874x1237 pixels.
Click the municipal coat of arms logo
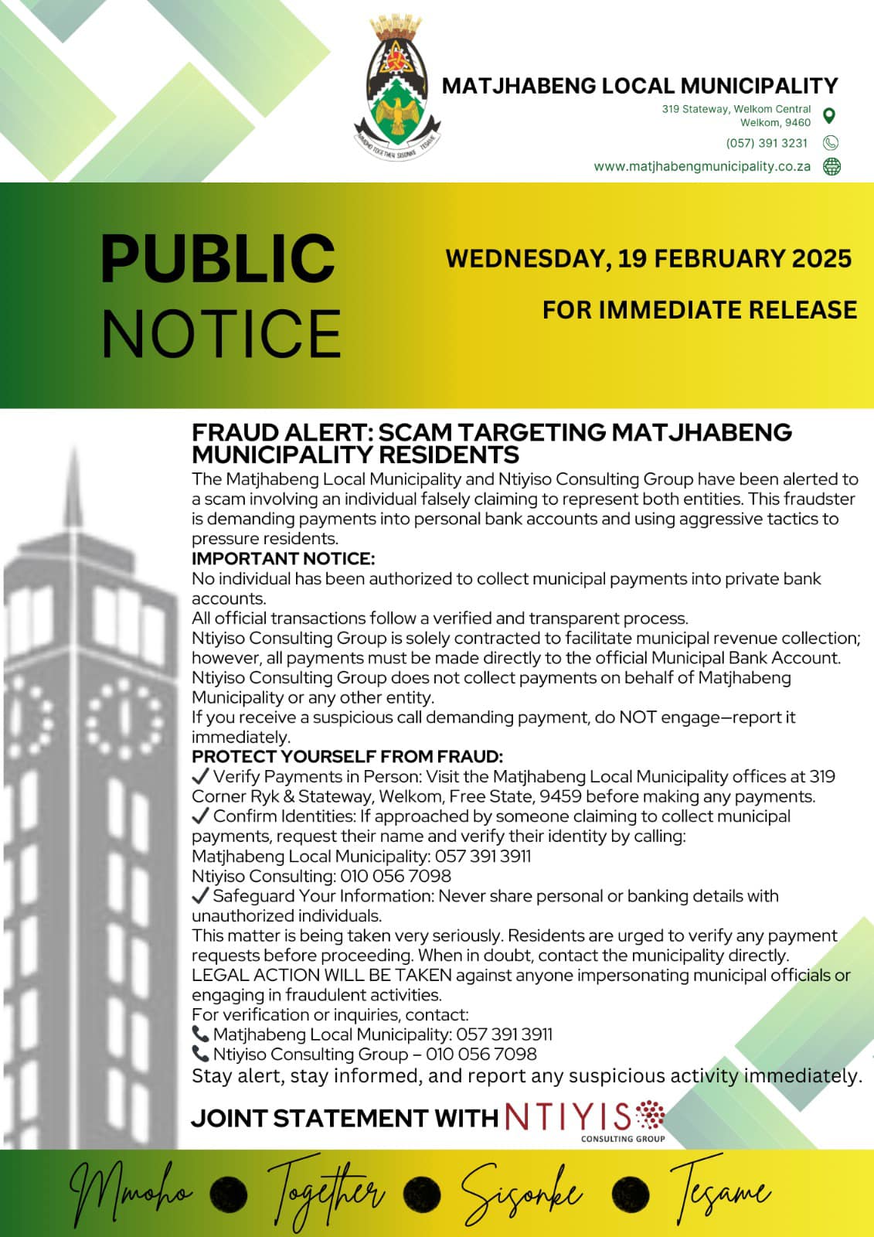[x=397, y=91]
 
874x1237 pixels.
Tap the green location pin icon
[x=829, y=116]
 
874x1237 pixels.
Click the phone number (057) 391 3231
[x=767, y=143]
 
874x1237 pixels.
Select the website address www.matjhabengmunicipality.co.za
[x=702, y=166]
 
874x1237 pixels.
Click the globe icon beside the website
[x=831, y=166]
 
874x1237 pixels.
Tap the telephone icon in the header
[x=831, y=143]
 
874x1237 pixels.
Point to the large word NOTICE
[x=221, y=333]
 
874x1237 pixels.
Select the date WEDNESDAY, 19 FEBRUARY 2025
[x=648, y=258]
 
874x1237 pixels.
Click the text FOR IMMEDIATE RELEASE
[x=699, y=310]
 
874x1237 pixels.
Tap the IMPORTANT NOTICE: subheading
[x=283, y=558]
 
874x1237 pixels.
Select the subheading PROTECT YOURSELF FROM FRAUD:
[x=347, y=756]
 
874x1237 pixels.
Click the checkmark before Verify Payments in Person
[x=200, y=776]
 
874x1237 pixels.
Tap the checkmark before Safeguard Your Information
[x=200, y=895]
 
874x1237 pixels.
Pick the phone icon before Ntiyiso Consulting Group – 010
[x=200, y=1054]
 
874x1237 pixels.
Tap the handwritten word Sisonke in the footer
[x=521, y=1195]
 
